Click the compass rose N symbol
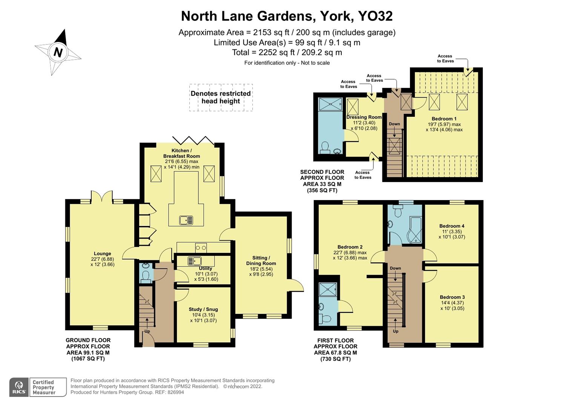coord(58,52)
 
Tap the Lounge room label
coord(102,254)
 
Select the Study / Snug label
coord(203,309)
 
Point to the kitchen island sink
coord(186,220)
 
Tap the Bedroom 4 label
coord(452,226)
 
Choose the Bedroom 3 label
coord(452,297)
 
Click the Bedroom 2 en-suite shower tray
coord(328,289)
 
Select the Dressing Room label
coord(364,117)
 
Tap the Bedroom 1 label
coord(444,119)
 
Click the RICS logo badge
coord(18,387)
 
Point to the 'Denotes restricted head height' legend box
coord(221,97)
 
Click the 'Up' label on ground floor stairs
coord(147,331)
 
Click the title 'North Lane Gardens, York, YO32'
coord(287,16)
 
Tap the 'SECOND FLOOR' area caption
coord(322,172)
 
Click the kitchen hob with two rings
coord(201,248)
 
